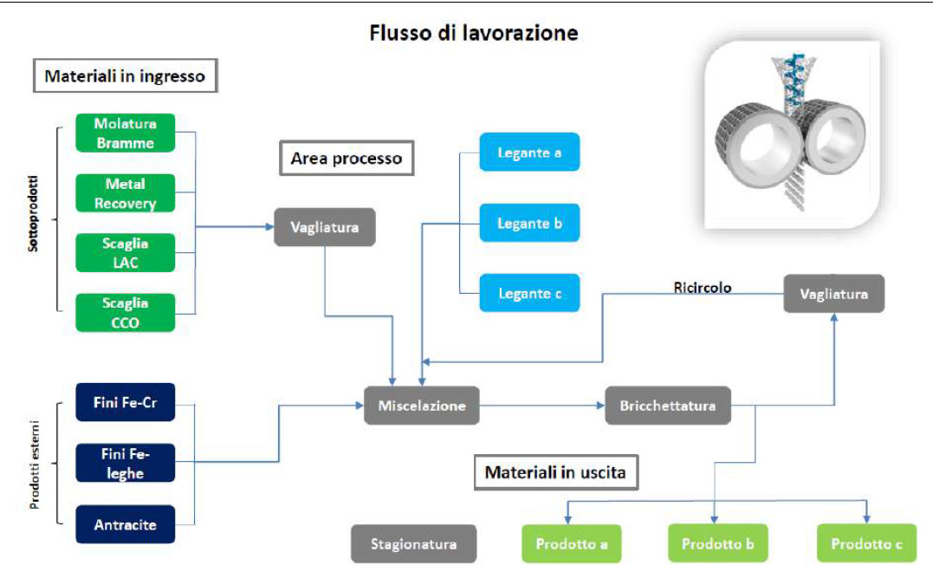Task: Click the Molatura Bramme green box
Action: tap(125, 133)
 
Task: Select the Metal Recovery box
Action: tap(125, 193)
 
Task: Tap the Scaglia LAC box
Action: tap(125, 253)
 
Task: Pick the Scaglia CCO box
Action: tap(125, 313)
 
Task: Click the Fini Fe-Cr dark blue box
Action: tap(125, 402)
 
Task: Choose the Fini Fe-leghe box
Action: tap(125, 463)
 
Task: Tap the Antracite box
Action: tap(125, 524)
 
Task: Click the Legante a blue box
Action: tap(529, 152)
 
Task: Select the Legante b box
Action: tap(529, 223)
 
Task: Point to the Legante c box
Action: tap(529, 293)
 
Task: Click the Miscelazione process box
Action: tap(422, 406)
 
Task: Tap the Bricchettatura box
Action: tap(668, 406)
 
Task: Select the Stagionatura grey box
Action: tap(413, 543)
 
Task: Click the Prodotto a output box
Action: tap(571, 543)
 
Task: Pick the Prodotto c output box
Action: tap(866, 543)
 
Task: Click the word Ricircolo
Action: tap(702, 288)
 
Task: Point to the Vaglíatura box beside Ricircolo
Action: tap(833, 294)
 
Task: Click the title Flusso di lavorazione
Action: tap(474, 33)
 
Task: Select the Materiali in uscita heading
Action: tap(556, 473)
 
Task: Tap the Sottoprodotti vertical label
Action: tap(33, 213)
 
